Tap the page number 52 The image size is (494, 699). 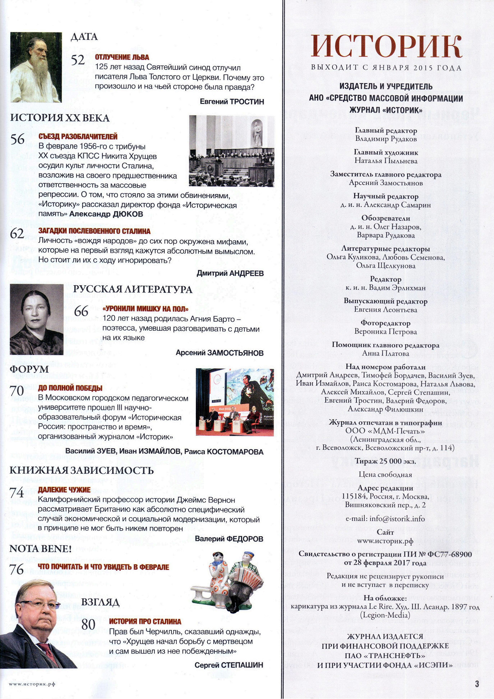[x=78, y=60]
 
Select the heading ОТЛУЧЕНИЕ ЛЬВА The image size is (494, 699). [x=122, y=57]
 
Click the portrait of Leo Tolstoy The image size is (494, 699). [x=36, y=67]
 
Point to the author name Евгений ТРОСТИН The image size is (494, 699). [x=232, y=102]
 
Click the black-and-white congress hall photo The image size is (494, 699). [x=231, y=151]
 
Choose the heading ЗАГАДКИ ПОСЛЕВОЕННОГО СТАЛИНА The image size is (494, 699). [x=94, y=231]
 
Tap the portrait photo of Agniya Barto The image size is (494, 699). [x=36, y=319]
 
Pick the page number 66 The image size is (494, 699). [x=81, y=311]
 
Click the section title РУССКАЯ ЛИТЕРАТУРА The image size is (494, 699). [x=133, y=290]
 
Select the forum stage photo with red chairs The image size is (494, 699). [x=235, y=402]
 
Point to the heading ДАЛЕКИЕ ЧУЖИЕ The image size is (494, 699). [x=64, y=490]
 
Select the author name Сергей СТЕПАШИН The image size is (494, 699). [x=228, y=665]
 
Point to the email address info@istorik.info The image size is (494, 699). [x=385, y=519]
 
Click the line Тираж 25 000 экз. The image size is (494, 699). [x=385, y=461]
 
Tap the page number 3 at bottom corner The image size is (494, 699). [x=477, y=684]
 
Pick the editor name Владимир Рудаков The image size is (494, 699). [x=386, y=139]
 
